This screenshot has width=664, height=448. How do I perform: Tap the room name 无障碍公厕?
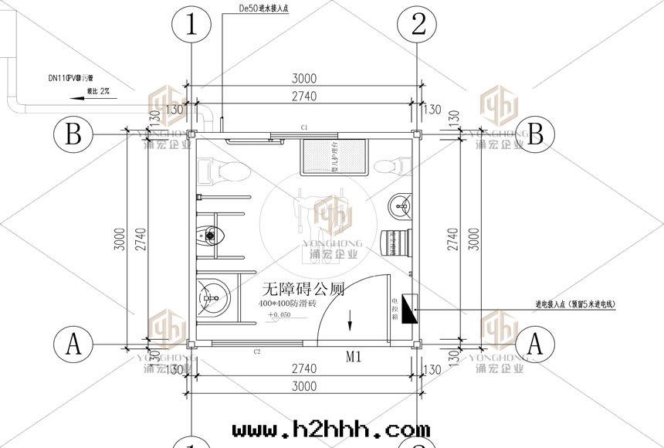(x=303, y=290)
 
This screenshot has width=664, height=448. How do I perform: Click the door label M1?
(x=354, y=357)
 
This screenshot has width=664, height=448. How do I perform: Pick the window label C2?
(x=259, y=351)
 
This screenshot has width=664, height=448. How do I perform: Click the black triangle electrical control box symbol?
(x=409, y=310)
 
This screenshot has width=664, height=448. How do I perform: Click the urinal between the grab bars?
(x=211, y=233)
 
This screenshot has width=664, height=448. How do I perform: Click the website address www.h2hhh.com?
(x=330, y=429)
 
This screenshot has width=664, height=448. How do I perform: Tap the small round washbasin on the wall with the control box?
(x=400, y=204)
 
